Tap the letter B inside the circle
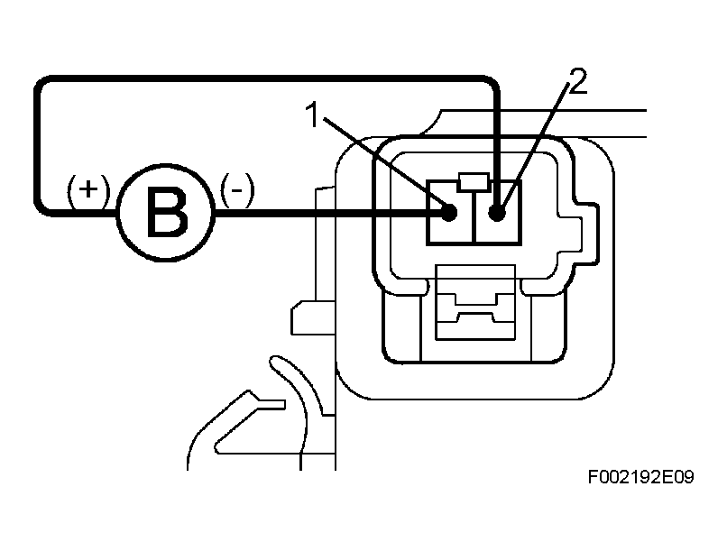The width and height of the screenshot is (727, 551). [x=167, y=212]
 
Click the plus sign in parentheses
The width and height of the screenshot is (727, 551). [x=88, y=190]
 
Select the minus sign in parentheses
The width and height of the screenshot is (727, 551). [x=237, y=190]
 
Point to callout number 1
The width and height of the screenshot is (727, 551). [x=313, y=115]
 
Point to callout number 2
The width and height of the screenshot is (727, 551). [x=577, y=81]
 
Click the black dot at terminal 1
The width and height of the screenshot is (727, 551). [x=448, y=213]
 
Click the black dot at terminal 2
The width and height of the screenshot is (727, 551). [x=497, y=213]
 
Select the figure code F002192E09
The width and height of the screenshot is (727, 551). [x=640, y=477]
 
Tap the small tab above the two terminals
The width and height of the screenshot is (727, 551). [x=474, y=182]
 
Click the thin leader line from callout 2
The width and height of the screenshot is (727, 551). [x=536, y=146]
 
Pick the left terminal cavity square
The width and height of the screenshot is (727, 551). [x=451, y=212]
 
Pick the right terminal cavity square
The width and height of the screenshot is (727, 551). [x=499, y=212]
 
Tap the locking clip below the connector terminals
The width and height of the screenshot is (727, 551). [x=475, y=302]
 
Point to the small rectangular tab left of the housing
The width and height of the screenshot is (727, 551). [x=313, y=318]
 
